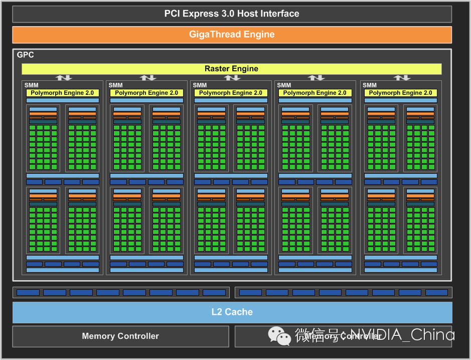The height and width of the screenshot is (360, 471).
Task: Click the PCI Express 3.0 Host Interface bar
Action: [232, 14]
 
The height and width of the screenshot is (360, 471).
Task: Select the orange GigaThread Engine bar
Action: [232, 35]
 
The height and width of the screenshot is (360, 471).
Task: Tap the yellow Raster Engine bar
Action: [231, 69]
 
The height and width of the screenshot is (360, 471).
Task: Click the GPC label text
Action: [26, 55]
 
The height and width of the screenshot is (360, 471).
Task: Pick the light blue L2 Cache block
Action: [232, 312]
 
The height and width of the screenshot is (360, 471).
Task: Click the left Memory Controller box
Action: [120, 336]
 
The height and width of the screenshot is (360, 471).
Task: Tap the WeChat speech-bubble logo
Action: [279, 335]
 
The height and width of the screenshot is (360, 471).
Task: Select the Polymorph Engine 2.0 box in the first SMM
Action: [62, 93]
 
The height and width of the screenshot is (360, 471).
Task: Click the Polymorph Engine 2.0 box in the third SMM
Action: [231, 93]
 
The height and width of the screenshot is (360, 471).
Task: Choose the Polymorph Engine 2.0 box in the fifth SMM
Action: [400, 93]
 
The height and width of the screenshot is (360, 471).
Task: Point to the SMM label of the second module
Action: [115, 85]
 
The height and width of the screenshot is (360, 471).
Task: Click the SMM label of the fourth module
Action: [284, 85]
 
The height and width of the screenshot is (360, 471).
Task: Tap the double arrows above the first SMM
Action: [64, 78]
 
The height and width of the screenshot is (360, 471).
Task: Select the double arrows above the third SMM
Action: [232, 78]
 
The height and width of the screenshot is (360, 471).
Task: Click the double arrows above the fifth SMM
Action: [402, 78]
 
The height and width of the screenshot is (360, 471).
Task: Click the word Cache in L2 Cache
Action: [239, 312]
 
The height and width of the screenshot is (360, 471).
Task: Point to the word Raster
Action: [217, 69]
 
